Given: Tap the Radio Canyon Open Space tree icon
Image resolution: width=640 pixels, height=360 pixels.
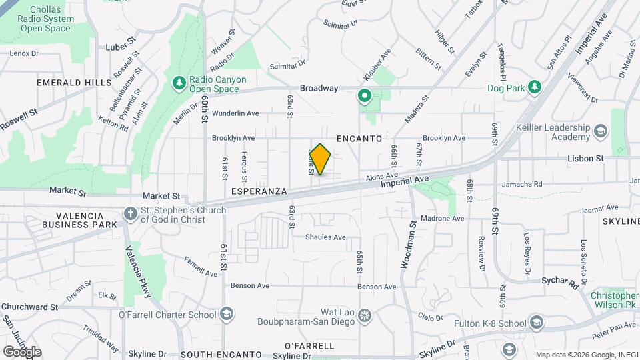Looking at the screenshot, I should click(x=179, y=82).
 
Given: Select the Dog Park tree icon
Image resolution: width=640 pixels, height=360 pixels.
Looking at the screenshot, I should click(x=533, y=87).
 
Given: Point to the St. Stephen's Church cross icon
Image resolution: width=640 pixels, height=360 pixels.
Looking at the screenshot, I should click(x=131, y=213).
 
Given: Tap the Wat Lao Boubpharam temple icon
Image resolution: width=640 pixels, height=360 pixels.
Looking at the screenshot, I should click(x=364, y=315).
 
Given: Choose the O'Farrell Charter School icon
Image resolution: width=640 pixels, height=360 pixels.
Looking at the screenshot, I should click(x=227, y=315).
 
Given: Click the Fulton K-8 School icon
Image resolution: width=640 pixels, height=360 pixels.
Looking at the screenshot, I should click(x=537, y=324).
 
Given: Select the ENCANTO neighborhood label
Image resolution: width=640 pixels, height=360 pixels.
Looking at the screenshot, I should click(x=359, y=139).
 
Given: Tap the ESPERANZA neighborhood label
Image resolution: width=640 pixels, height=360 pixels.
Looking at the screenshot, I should click(x=259, y=191).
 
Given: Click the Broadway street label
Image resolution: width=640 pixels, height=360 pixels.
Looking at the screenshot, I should click(x=319, y=88).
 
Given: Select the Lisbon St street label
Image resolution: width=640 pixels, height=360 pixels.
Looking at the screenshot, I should click(x=585, y=159).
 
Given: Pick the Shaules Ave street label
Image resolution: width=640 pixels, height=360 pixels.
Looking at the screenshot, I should click(x=325, y=237).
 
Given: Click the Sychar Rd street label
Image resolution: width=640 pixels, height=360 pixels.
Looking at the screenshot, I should click(x=559, y=282).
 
